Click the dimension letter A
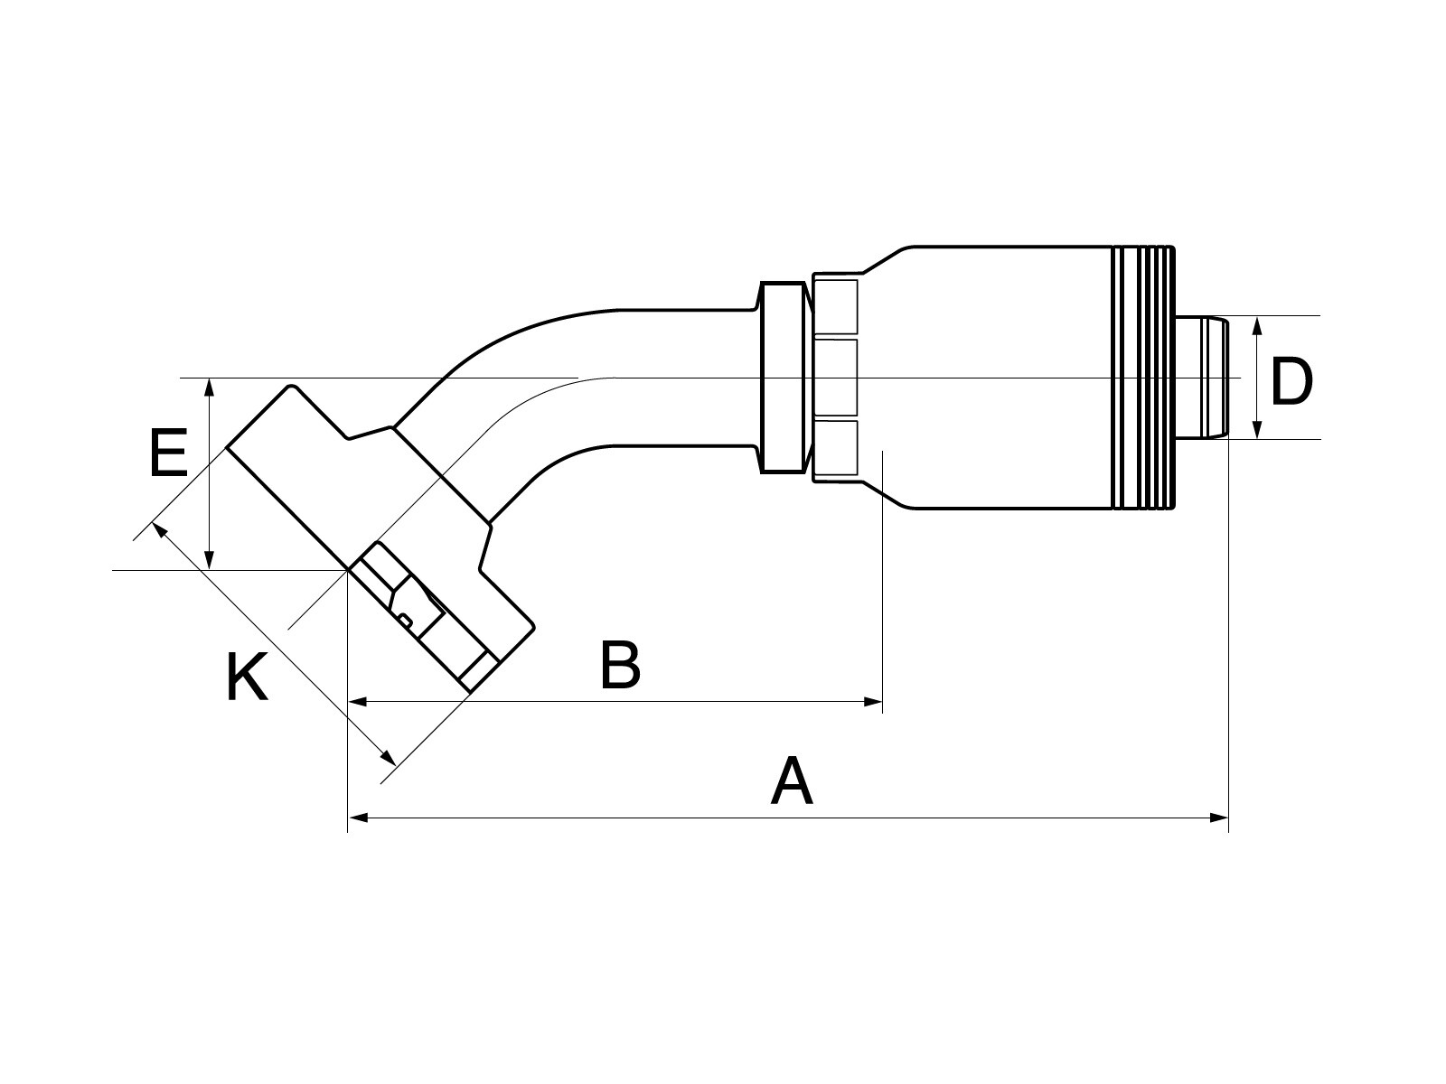tap(792, 782)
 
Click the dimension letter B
tap(621, 665)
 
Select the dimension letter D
tap(1291, 383)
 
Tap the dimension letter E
tap(168, 453)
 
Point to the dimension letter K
tap(247, 677)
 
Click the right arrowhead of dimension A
tap(1220, 818)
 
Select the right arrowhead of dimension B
tap(873, 701)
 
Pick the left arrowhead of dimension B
tap(358, 701)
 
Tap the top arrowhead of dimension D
tap(1257, 325)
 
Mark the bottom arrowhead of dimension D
tap(1257, 430)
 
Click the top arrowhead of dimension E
tap(210, 388)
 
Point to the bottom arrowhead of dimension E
tap(210, 561)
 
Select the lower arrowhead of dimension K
tap(390, 757)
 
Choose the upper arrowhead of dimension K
tap(159, 529)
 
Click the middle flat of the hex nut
tap(836, 378)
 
